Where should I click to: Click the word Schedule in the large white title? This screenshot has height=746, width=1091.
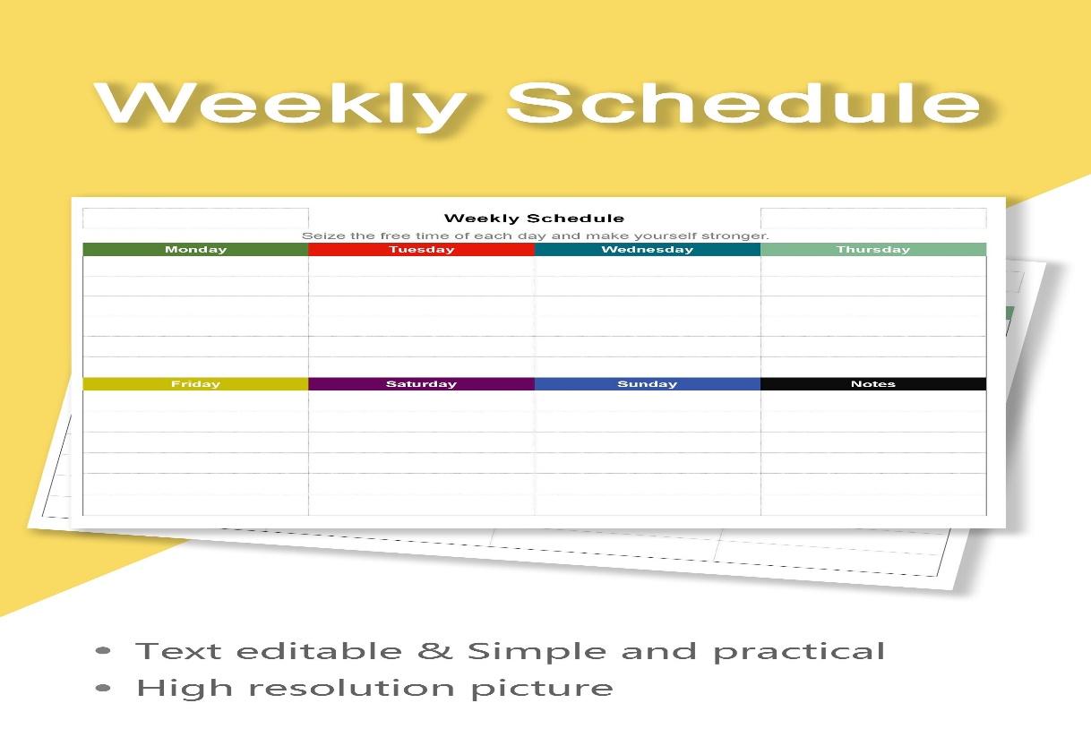(743, 102)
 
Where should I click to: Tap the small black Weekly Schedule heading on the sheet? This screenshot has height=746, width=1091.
(534, 219)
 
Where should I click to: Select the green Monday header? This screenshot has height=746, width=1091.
(195, 249)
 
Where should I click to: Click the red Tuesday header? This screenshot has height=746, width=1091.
(421, 249)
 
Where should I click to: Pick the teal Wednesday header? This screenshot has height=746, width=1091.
(648, 249)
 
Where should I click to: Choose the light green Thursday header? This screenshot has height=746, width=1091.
(873, 249)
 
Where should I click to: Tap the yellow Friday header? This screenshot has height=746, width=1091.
(195, 383)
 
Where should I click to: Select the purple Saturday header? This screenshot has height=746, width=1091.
(421, 383)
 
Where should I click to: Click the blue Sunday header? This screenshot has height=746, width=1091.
(648, 383)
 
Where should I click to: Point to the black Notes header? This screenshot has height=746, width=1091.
(873, 383)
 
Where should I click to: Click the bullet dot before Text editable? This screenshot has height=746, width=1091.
(103, 650)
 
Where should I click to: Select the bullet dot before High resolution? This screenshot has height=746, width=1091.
(103, 688)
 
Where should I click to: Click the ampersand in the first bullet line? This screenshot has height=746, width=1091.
(435, 651)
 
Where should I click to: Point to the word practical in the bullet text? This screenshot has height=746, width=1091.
(799, 653)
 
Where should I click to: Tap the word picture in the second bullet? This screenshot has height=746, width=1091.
(542, 689)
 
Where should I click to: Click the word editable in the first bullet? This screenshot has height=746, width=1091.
(319, 651)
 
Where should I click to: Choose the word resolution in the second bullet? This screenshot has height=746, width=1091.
(352, 688)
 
